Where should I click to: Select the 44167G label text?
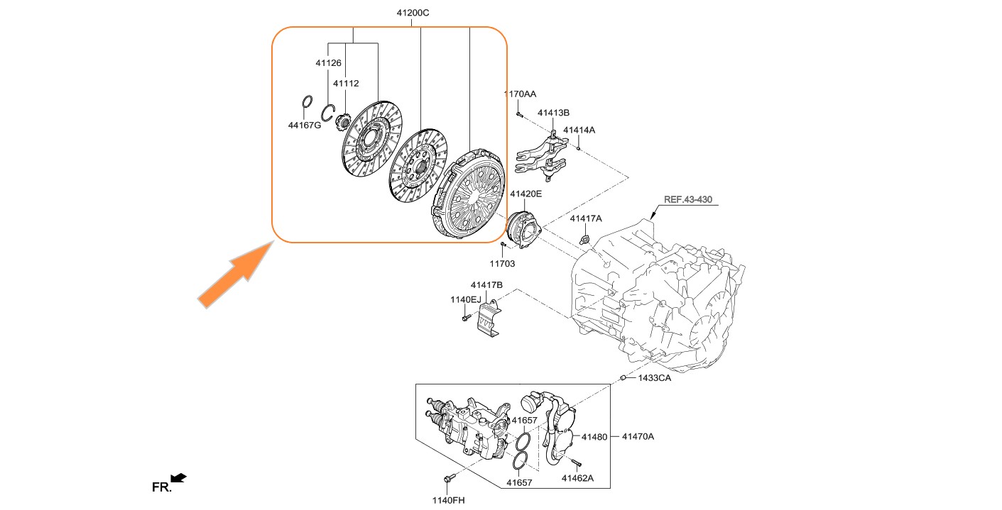coord(305,126)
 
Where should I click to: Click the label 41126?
coord(329,63)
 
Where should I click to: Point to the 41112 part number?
coord(346,83)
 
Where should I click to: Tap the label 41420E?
coord(525,193)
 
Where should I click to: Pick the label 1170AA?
coord(520,94)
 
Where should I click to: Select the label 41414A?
coord(579,131)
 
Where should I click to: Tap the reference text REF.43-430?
coord(687,199)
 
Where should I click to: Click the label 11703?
coord(502,263)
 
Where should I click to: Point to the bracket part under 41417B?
coord(491,320)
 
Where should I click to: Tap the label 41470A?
coord(638,436)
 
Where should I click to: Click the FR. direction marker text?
coord(162,487)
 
